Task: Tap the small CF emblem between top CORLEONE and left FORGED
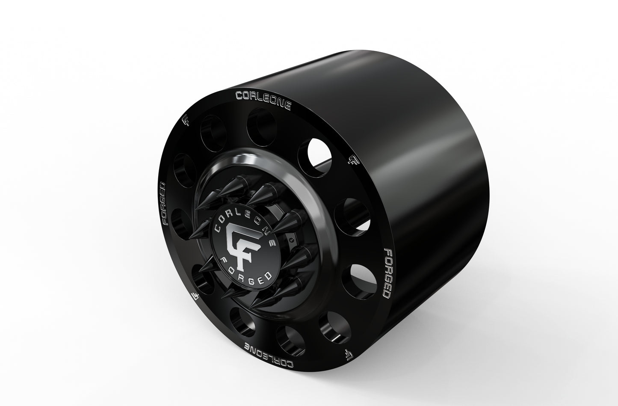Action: pos(186,121)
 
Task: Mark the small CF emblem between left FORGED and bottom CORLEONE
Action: pos(195,296)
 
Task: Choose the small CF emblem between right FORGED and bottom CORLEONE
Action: pos(349,353)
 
